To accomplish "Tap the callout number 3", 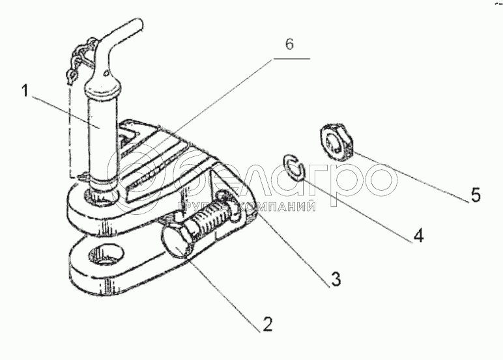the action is coord(335,279).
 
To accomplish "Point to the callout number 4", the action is coord(418,235).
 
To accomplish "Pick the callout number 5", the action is coord(476,194).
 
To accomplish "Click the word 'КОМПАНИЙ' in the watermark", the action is coord(281,206).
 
